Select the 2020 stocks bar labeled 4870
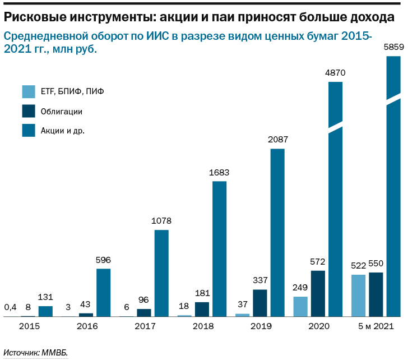pyautogui.click(x=335, y=202)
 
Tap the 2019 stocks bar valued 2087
pyautogui.click(x=277, y=233)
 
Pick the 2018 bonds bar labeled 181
pyautogui.click(x=202, y=310)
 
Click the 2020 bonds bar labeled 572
pyautogui.click(x=317, y=294)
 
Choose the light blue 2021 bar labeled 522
pyautogui.click(x=358, y=296)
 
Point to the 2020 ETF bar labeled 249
pyautogui.click(x=300, y=307)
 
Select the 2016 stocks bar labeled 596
pyautogui.click(x=103, y=293)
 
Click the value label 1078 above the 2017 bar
pyautogui.click(x=161, y=221)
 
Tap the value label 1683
pyautogui.click(x=219, y=172)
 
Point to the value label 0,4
pyautogui.click(x=10, y=307)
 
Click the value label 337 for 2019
pyautogui.click(x=260, y=280)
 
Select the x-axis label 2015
pyautogui.click(x=29, y=326)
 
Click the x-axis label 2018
pyautogui.click(x=202, y=326)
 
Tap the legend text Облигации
pyautogui.click(x=62, y=112)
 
